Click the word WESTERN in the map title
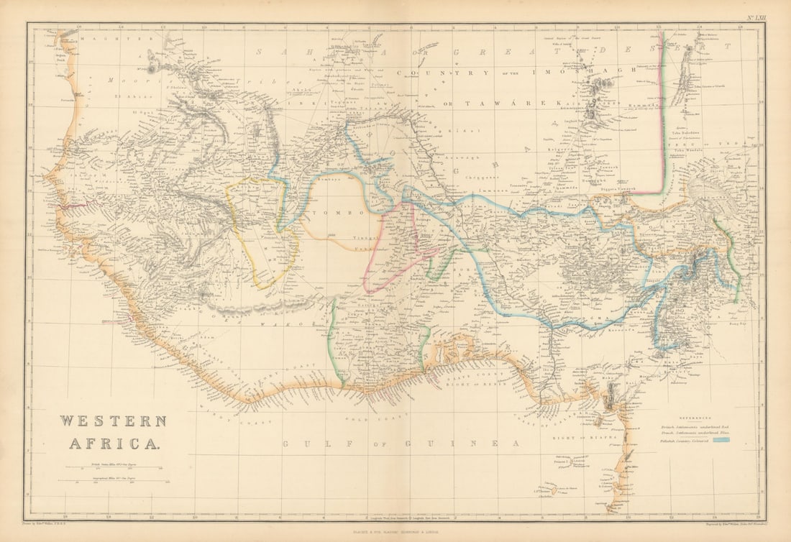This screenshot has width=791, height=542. (112, 421)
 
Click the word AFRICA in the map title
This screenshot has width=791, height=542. (114, 443)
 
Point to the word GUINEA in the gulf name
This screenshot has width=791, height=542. (482, 444)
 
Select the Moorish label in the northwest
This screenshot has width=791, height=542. (123, 81)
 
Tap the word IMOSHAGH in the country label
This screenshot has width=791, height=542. (593, 70)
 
